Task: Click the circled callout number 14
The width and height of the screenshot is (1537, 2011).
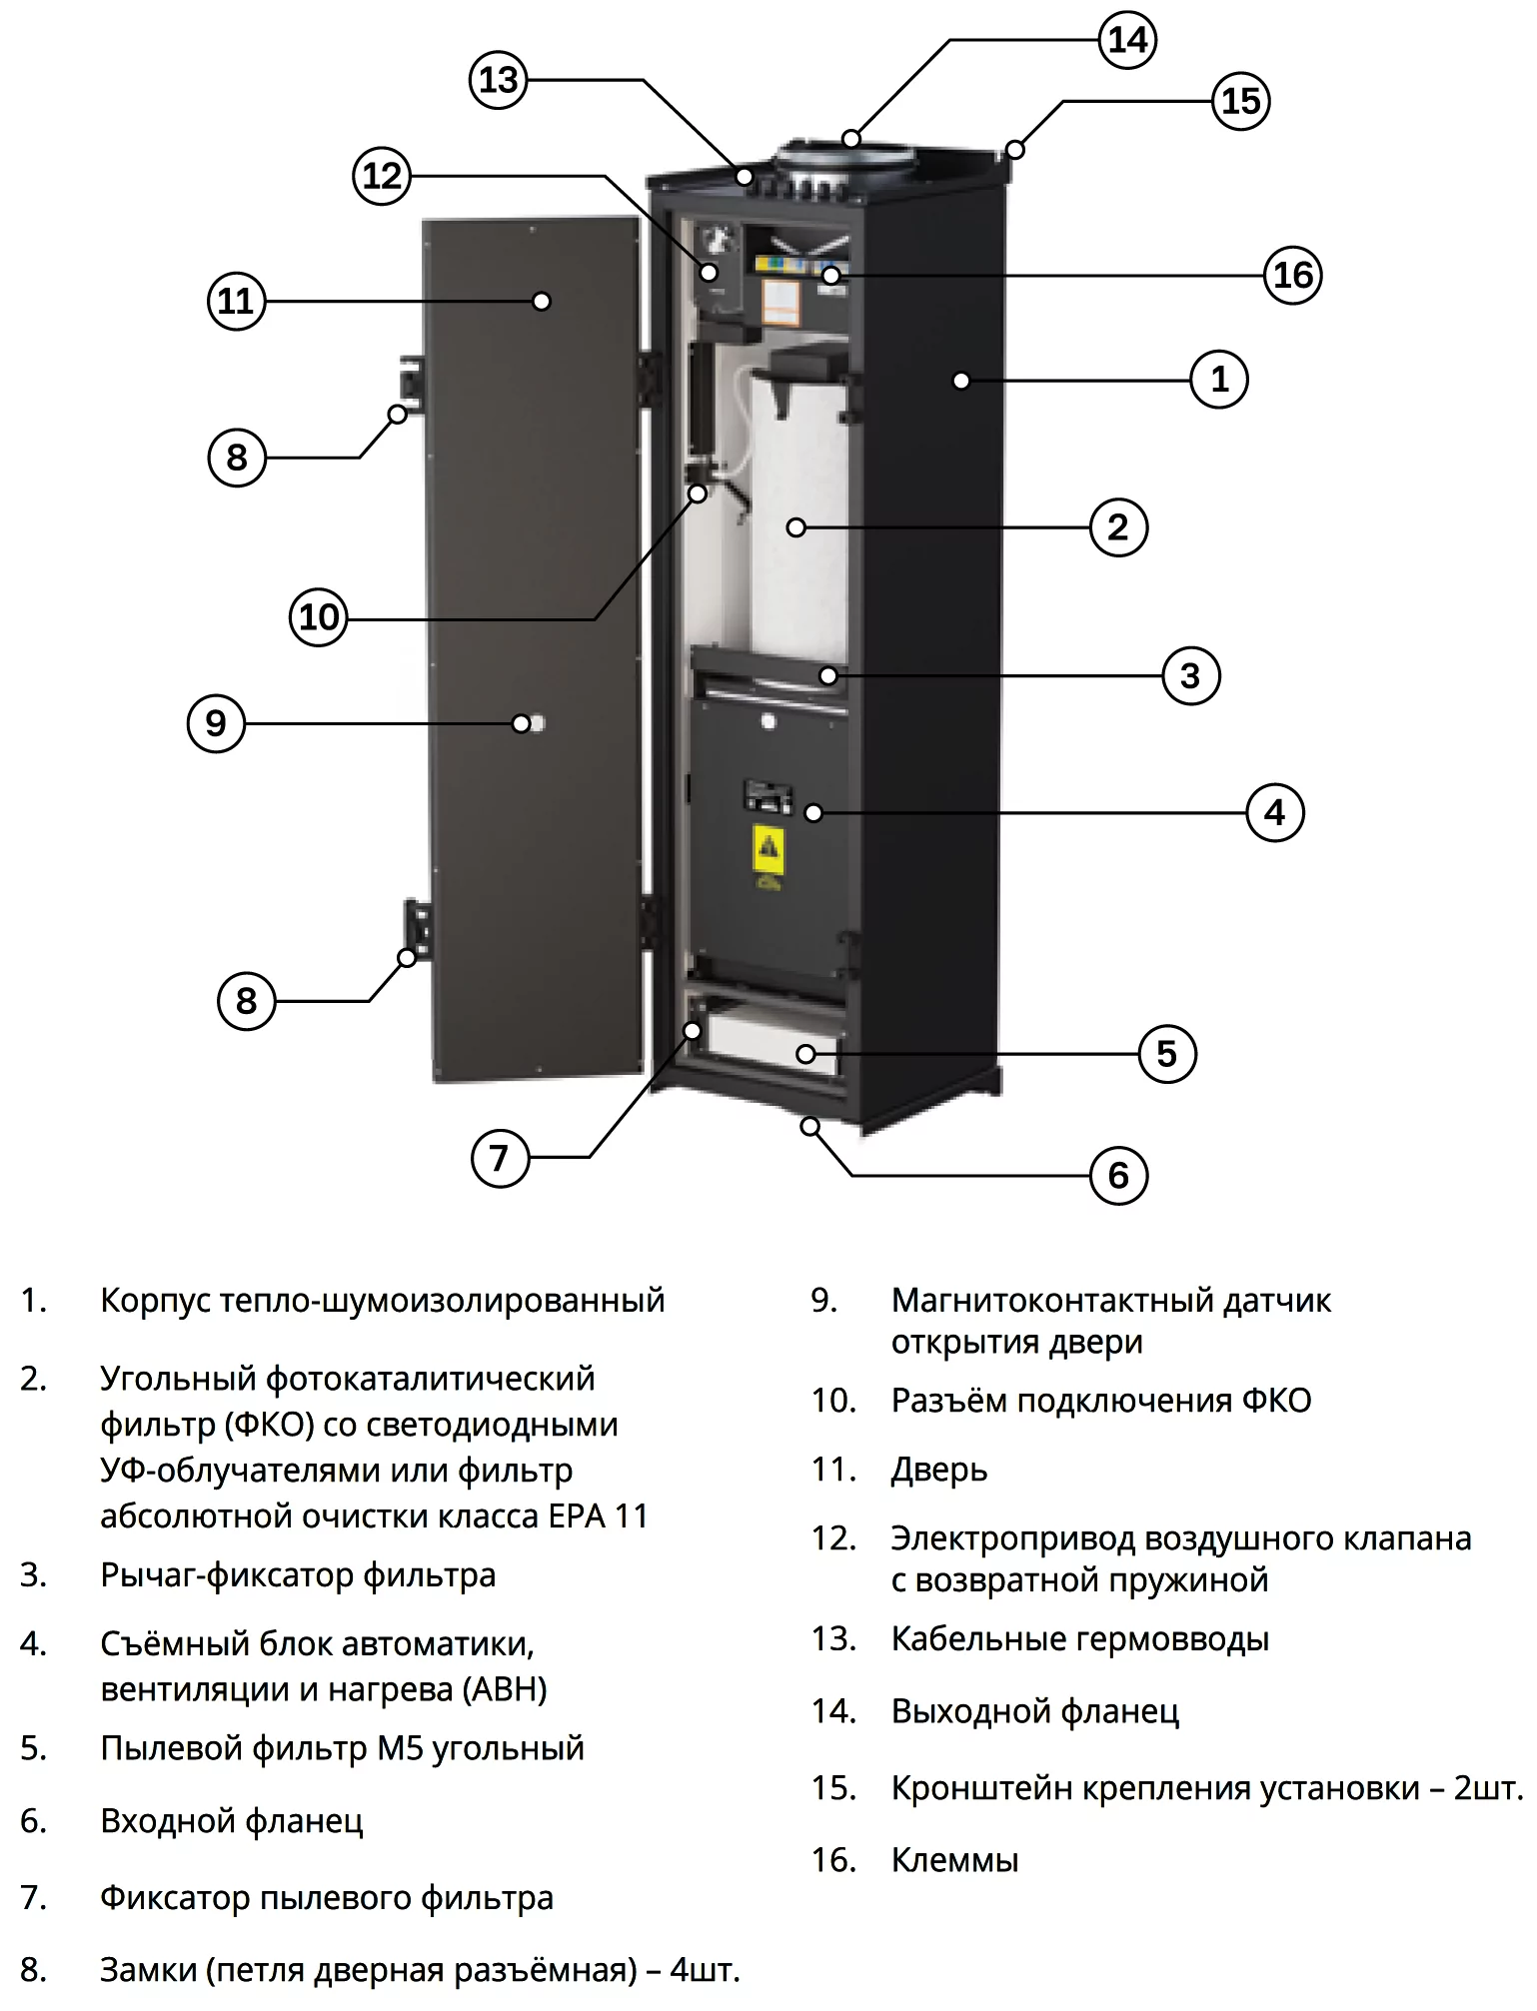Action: [1127, 40]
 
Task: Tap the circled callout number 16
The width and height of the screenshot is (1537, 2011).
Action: [1292, 275]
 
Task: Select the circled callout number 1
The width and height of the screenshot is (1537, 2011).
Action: [1219, 380]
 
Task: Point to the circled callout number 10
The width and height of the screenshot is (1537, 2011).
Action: [319, 617]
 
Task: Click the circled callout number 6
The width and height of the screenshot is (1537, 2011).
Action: [1118, 1175]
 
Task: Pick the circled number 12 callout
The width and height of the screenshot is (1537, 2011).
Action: [382, 176]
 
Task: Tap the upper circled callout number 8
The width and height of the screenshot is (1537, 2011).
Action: [237, 458]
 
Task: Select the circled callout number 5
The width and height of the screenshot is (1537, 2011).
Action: [1167, 1054]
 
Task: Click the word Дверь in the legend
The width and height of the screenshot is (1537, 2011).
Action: [938, 1470]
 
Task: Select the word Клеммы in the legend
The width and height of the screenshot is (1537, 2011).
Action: [954, 1860]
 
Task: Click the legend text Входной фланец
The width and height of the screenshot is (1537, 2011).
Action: [232, 1821]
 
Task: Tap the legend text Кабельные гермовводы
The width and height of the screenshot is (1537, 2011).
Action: [1079, 1638]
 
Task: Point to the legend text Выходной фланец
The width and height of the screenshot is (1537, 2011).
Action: [1034, 1711]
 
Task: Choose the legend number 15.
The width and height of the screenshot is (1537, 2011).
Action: [832, 1787]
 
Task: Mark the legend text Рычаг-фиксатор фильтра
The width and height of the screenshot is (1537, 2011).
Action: [298, 1575]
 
